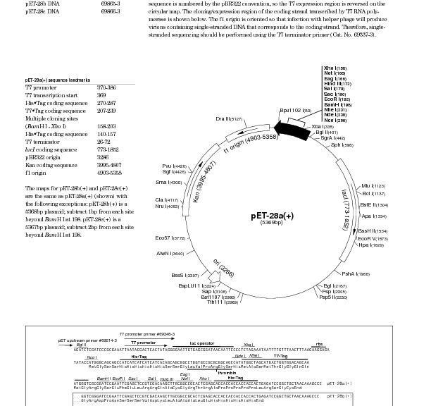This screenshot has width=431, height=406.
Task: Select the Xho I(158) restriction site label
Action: coord(335,69)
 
